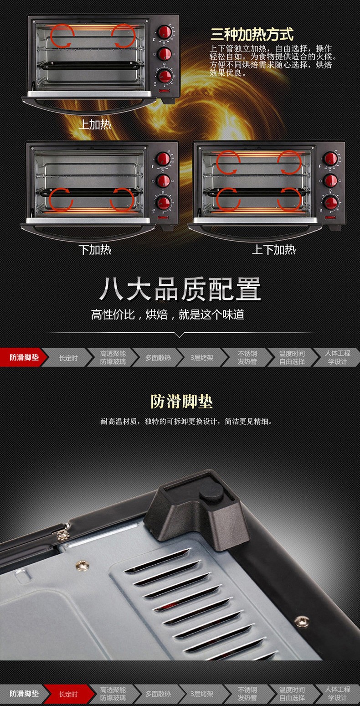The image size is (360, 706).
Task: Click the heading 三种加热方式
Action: click(252, 34)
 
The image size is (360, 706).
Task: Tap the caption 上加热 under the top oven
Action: click(95, 125)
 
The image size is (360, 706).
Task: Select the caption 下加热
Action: click(95, 250)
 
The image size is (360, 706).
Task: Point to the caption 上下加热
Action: click(273, 250)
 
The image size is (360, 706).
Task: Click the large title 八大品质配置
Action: click(180, 289)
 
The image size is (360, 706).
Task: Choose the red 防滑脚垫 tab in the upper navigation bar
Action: click(24, 357)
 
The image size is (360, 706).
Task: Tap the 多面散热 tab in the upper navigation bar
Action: click(158, 358)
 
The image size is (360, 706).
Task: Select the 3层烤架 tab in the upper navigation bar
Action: click(202, 358)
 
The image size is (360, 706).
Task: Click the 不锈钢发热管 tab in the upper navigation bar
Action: click(247, 358)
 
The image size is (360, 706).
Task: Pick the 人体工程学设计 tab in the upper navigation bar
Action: click(338, 358)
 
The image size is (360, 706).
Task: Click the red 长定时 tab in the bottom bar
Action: click(68, 694)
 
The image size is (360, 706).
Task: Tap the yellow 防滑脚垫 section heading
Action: click(181, 402)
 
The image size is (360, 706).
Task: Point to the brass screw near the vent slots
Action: click(82, 565)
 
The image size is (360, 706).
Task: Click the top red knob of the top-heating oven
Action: click(165, 32)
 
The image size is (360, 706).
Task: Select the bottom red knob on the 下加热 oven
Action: click(164, 203)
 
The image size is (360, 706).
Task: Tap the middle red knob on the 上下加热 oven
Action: click(331, 180)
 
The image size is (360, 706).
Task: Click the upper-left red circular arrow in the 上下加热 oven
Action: click(228, 162)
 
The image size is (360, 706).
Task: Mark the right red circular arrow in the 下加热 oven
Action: click(122, 200)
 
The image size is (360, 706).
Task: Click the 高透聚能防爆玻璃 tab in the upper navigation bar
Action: click(113, 358)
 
